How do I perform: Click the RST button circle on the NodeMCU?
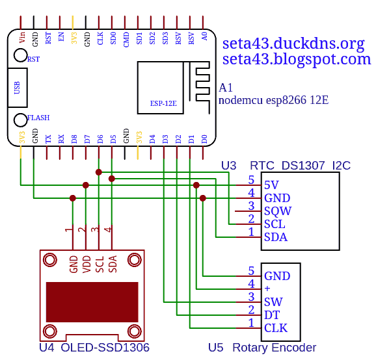pos(20,55)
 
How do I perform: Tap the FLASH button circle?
pos(20,120)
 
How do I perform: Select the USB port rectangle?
pos(18,88)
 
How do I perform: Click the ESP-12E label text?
pos(163,103)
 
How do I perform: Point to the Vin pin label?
pos(22,38)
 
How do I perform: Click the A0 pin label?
pos(204,36)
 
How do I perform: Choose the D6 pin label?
pos(100,139)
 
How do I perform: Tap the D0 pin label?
pos(204,139)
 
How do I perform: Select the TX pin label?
pos(48,139)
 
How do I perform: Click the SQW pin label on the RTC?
pos(278,211)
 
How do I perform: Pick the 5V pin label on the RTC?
pos(271,185)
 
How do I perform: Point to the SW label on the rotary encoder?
pos(273,302)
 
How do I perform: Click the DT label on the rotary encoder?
pos(272,315)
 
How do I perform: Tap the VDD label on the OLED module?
pos(87,264)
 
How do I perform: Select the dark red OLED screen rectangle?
pos(92,302)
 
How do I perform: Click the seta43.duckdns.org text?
pos(293,44)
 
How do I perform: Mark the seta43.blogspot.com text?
pos(297,59)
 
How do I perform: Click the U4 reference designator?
pos(47,348)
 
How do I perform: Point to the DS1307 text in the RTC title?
pos(303,166)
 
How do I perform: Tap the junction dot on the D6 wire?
pos(99,172)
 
